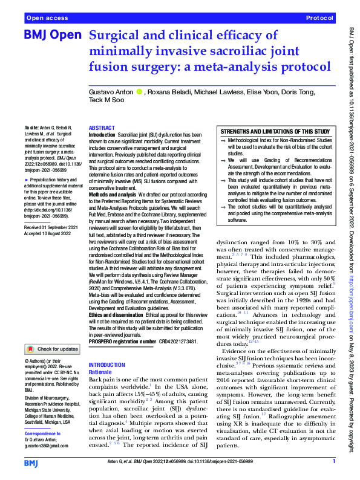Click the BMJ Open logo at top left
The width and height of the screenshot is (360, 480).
(x=52, y=35)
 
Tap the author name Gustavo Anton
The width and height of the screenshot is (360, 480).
(x=111, y=92)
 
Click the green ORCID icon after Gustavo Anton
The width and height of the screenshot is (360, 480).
(x=139, y=92)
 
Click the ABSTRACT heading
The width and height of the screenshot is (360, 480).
(x=102, y=128)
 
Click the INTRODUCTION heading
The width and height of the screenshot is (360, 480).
(x=108, y=365)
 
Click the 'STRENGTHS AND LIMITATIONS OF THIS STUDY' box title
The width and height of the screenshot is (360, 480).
(x=275, y=131)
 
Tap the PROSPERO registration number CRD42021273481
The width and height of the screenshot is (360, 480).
(x=182, y=342)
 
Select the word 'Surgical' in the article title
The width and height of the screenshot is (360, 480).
(x=117, y=35)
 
